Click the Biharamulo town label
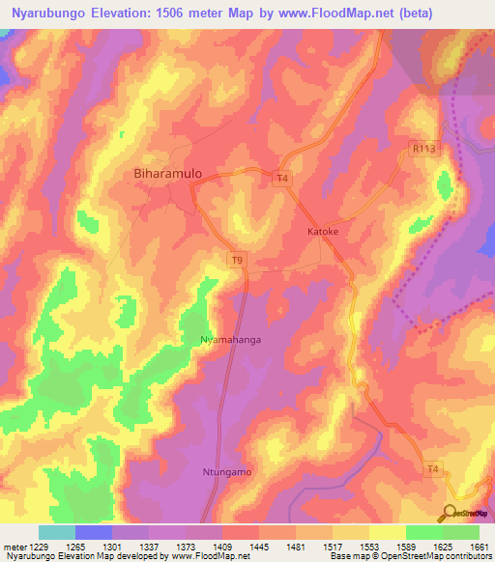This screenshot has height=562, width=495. click(x=166, y=174)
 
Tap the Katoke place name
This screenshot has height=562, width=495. click(x=322, y=233)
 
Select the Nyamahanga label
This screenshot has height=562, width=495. click(x=230, y=341)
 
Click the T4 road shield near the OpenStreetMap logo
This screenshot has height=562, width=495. click(x=434, y=469)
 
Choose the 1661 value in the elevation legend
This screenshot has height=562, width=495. click(x=479, y=547)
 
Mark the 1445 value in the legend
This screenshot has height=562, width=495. click(x=258, y=547)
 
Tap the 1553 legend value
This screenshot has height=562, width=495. click(x=368, y=547)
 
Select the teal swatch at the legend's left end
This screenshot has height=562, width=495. click(x=56, y=532)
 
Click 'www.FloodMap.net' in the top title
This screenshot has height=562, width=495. click(x=340, y=14)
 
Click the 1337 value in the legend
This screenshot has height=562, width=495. click(x=148, y=547)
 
